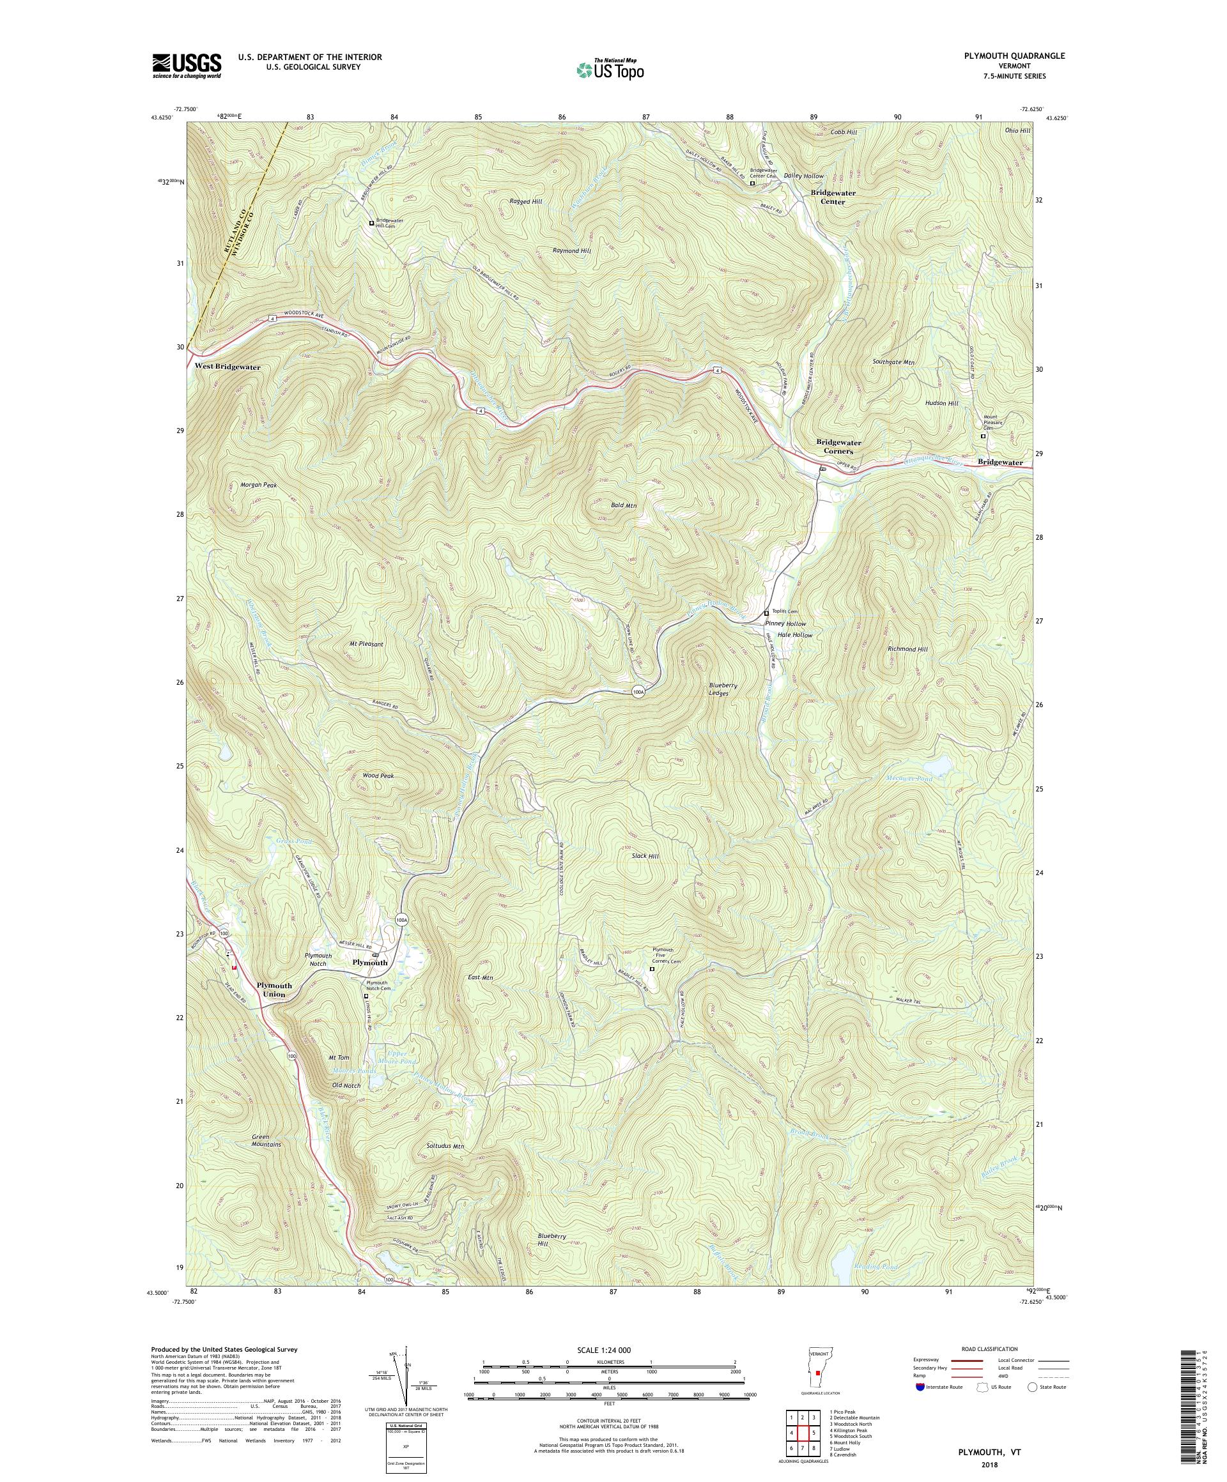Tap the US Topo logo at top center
(x=611, y=68)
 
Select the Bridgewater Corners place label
(x=838, y=446)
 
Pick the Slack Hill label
(x=645, y=855)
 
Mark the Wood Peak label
(x=378, y=775)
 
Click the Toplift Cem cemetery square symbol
(x=766, y=613)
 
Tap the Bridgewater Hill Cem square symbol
(x=371, y=223)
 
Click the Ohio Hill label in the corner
(x=1017, y=130)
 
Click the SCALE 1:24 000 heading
(x=609, y=1349)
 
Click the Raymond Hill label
(x=571, y=250)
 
